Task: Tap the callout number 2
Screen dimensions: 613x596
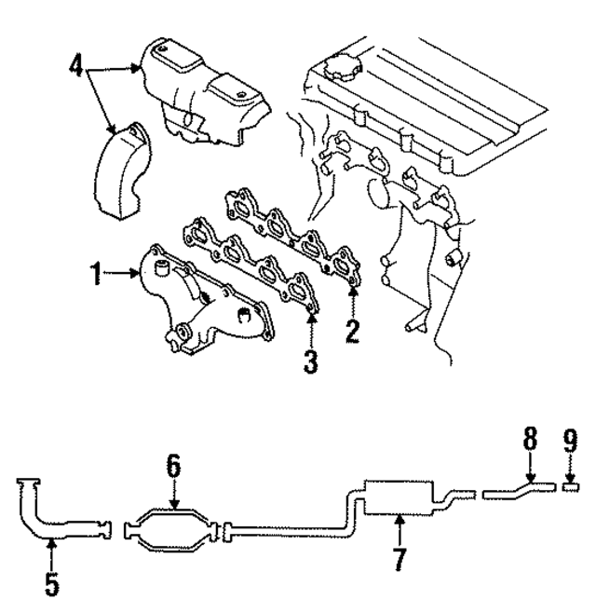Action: point(352,331)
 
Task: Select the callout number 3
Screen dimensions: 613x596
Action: point(310,360)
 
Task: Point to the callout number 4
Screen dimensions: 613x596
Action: point(76,67)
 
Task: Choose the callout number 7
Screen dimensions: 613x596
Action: point(398,560)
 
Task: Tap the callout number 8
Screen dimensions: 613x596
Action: point(529,437)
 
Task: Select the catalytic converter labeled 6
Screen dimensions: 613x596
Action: point(174,528)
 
